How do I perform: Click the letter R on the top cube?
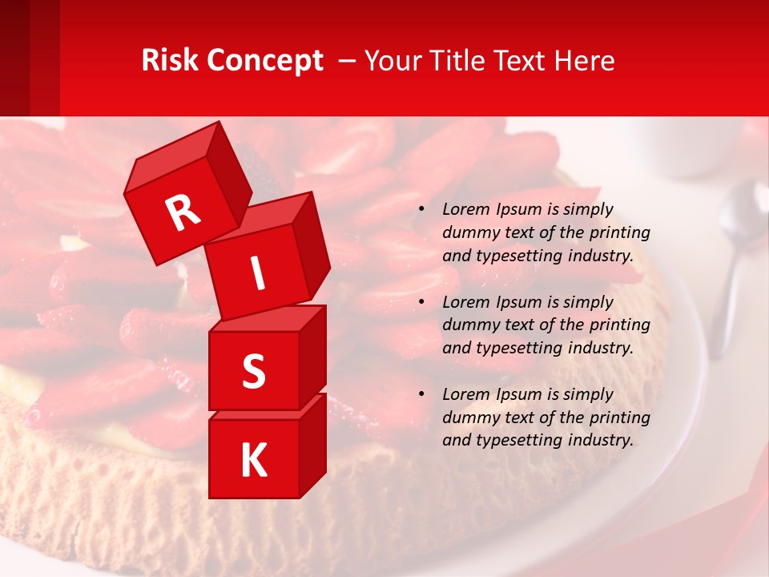pos(183,212)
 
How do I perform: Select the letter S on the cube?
pos(253,371)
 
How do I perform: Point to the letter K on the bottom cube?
pos(253,461)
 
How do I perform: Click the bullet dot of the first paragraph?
pos(421,210)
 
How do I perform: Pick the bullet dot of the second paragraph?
pos(421,303)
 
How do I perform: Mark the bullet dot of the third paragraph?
pos(421,395)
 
